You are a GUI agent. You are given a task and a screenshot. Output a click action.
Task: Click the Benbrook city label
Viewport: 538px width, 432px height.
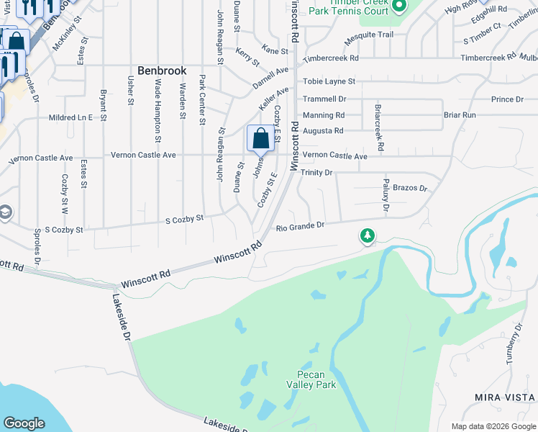tap(162, 71)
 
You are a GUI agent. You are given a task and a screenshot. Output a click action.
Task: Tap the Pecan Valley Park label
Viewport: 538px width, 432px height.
tap(316, 379)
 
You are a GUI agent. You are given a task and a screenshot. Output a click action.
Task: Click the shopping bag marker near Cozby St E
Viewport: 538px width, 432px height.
tap(260, 138)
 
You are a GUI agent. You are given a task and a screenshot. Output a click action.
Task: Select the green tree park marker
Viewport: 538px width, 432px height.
tap(368, 235)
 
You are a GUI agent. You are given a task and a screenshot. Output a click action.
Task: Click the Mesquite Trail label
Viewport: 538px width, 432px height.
tap(369, 35)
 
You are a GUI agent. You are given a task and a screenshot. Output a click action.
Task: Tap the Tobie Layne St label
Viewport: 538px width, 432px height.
tap(329, 82)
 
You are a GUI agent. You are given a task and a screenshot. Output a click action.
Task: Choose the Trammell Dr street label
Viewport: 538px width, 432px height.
tap(324, 99)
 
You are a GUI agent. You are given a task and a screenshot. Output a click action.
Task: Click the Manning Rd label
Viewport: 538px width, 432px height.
tap(324, 115)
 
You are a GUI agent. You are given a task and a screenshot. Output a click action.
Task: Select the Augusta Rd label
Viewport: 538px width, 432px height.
tap(323, 131)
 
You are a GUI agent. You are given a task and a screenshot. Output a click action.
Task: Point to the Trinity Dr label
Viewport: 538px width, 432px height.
tap(316, 173)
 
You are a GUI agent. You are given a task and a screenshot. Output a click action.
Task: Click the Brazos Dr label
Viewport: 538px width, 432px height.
tap(410, 188)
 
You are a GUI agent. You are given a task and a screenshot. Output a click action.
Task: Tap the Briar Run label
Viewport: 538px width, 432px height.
tap(460, 115)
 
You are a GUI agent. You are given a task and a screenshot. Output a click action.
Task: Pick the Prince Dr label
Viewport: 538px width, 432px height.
tap(507, 99)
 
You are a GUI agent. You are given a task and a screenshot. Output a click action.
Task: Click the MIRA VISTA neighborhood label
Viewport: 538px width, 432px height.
tap(505, 397)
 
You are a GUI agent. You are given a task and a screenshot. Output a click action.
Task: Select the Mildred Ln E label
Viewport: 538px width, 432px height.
tap(70, 117)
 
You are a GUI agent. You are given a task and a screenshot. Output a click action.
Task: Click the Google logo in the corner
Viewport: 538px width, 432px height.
tap(24, 423)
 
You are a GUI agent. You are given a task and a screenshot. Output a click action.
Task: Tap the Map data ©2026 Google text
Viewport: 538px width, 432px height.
tap(493, 426)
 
